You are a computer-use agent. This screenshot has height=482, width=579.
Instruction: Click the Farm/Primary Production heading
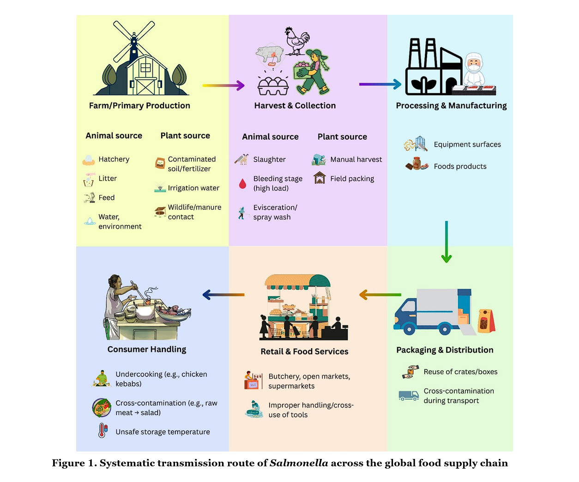click(x=139, y=106)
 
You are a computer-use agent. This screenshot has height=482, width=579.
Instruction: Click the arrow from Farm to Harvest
click(x=223, y=85)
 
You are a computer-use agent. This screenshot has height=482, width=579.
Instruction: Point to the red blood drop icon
click(x=242, y=184)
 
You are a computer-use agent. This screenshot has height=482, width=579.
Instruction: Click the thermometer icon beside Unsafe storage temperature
click(x=103, y=431)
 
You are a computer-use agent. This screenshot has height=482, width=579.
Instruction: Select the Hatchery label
click(x=114, y=159)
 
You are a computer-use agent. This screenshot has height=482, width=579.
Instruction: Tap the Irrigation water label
click(x=193, y=188)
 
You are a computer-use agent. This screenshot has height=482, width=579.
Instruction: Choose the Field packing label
click(x=352, y=179)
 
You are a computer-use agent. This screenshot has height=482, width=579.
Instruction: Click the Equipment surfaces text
click(x=467, y=145)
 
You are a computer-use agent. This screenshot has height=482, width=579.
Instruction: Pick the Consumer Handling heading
click(x=147, y=349)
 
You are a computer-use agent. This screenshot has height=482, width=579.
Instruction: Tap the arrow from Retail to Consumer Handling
click(x=223, y=295)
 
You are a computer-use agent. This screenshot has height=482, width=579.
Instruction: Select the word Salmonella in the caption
click(x=299, y=463)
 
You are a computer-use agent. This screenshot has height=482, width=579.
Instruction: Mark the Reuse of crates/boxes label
click(x=460, y=372)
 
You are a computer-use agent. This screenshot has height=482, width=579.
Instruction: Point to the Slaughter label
click(x=269, y=160)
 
